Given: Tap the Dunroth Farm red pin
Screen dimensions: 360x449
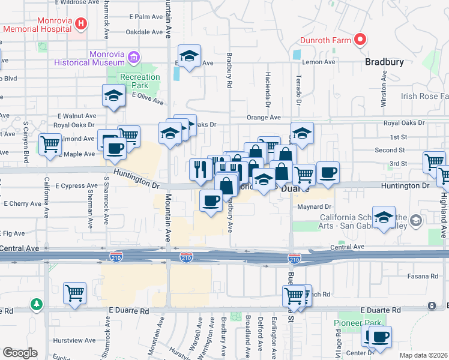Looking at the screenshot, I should [360, 40].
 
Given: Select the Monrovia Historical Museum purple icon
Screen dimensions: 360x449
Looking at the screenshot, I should [133, 58].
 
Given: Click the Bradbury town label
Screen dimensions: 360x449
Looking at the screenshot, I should [385, 62].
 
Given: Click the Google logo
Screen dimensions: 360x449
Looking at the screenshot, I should [20, 353].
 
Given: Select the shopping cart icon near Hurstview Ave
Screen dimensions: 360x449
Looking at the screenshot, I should [75, 293].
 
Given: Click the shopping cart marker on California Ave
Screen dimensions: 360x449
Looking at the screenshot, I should [50, 144].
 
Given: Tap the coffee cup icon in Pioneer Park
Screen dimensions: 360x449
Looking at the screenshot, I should [380, 336].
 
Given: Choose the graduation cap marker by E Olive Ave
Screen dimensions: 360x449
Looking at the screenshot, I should [113, 95].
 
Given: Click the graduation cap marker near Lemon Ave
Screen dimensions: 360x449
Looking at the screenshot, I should [190, 56].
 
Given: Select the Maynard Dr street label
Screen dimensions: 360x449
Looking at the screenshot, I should [311, 208].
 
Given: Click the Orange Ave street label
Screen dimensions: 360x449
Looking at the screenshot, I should [264, 118].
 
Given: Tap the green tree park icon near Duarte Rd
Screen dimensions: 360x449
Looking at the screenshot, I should [38, 304].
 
